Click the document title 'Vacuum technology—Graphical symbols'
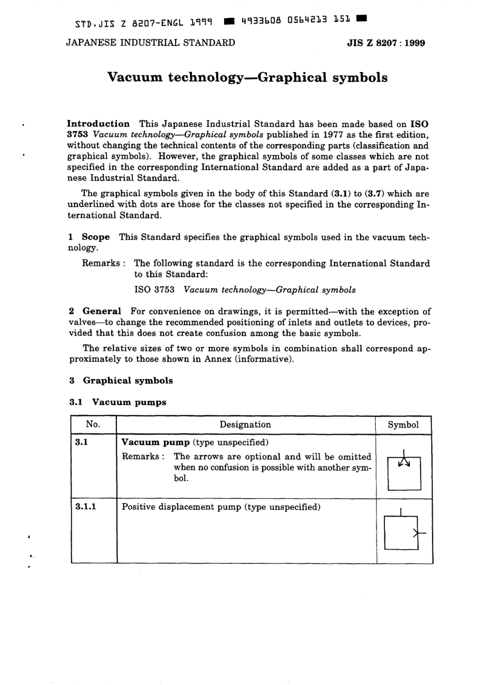click(248, 78)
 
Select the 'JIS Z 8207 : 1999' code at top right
click(385, 43)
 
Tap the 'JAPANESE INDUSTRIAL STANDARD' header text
click(151, 43)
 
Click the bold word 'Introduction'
click(99, 124)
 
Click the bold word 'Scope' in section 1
click(95, 237)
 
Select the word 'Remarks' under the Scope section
click(101, 264)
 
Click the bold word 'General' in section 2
click(102, 311)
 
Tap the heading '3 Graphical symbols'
click(121, 381)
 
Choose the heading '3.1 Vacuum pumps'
click(118, 403)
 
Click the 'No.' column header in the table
click(93, 424)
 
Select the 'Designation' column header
click(245, 424)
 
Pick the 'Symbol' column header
click(403, 425)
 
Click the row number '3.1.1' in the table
click(86, 507)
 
